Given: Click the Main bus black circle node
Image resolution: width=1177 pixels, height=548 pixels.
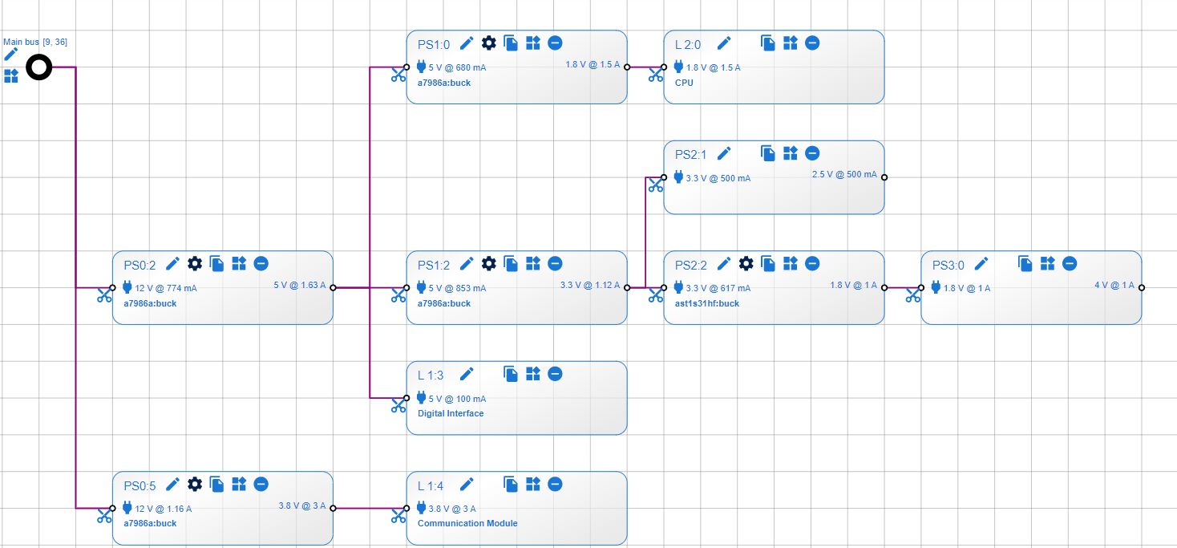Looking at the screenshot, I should [38, 67].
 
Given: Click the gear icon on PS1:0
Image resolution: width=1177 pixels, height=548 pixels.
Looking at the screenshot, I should [488, 43].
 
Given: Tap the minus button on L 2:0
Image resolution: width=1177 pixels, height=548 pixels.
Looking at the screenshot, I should [812, 43].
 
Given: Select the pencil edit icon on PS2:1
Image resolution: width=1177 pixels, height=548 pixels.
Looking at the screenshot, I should [724, 152].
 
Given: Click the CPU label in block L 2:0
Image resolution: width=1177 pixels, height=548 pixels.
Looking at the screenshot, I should [684, 83].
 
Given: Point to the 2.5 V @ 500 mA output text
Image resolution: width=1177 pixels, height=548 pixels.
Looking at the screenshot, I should [844, 174].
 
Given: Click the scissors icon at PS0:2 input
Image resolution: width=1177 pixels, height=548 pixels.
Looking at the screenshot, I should [104, 294].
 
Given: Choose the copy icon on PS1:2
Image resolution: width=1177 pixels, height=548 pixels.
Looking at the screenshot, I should [511, 263].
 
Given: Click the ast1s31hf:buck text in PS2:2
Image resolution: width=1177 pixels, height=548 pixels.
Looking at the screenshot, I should [707, 303].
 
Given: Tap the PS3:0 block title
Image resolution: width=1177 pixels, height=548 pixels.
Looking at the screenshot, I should [948, 264].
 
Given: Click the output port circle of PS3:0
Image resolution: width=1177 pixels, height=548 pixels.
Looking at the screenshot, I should [1142, 287].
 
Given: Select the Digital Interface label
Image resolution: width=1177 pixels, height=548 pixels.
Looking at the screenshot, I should [451, 413].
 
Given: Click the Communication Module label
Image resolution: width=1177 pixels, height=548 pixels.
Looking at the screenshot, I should [467, 523].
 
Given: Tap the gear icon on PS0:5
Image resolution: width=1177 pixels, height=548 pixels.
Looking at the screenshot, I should [194, 484].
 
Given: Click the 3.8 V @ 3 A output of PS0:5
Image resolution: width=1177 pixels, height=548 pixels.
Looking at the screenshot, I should [302, 505].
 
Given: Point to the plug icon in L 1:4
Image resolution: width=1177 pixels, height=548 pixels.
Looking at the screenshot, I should [422, 507].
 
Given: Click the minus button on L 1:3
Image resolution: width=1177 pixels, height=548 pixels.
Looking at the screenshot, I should [555, 373].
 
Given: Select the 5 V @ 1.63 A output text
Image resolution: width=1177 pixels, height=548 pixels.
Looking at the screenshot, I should [300, 285].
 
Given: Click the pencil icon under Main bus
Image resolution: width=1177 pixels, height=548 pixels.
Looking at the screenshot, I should [10, 54].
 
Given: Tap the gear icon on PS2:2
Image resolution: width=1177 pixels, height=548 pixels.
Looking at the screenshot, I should [746, 263].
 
